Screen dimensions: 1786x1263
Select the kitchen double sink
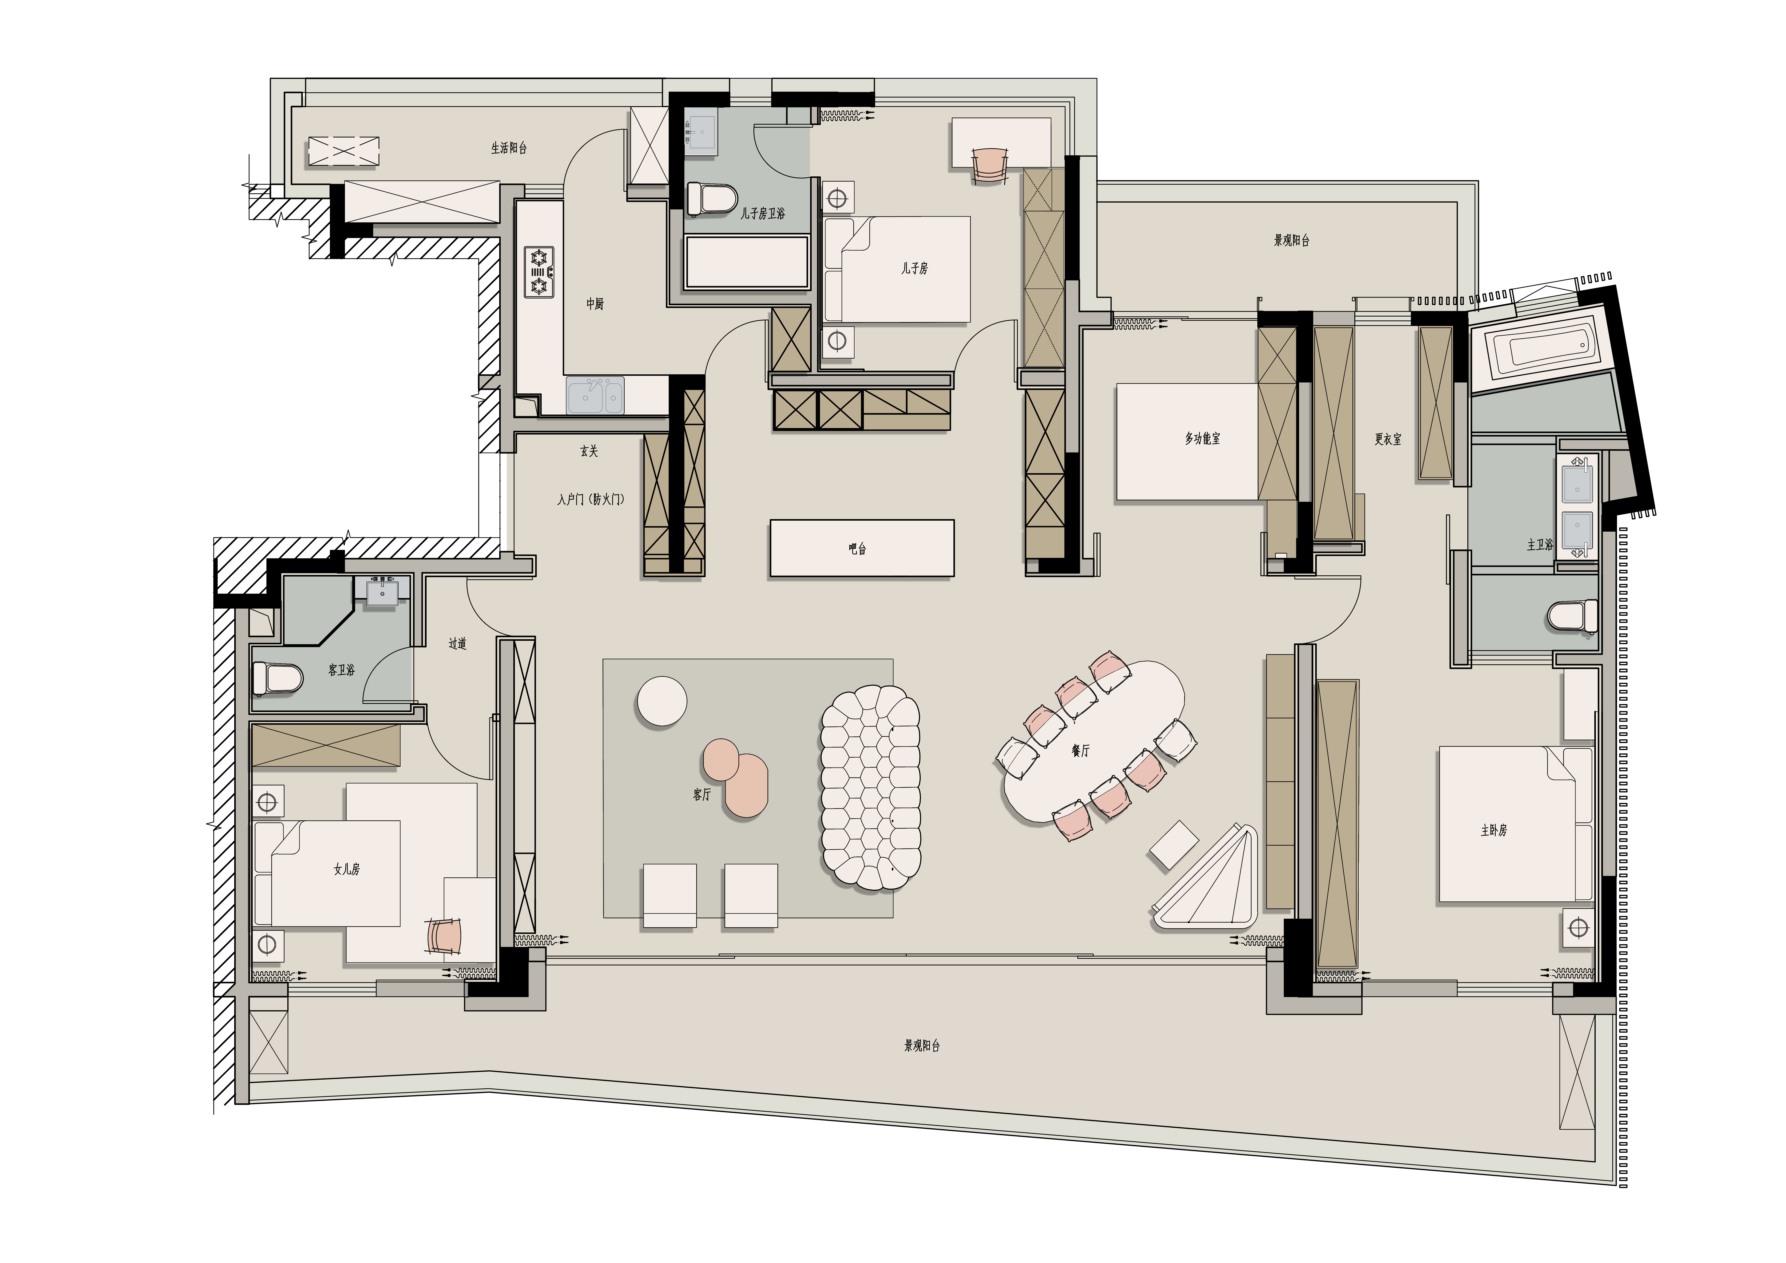pyautogui.click(x=595, y=395)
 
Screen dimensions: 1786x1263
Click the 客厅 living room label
pyautogui.click(x=702, y=794)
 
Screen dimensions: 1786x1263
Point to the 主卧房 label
pyautogui.click(x=1494, y=831)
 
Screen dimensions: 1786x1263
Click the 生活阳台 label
pyautogui.click(x=509, y=148)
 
